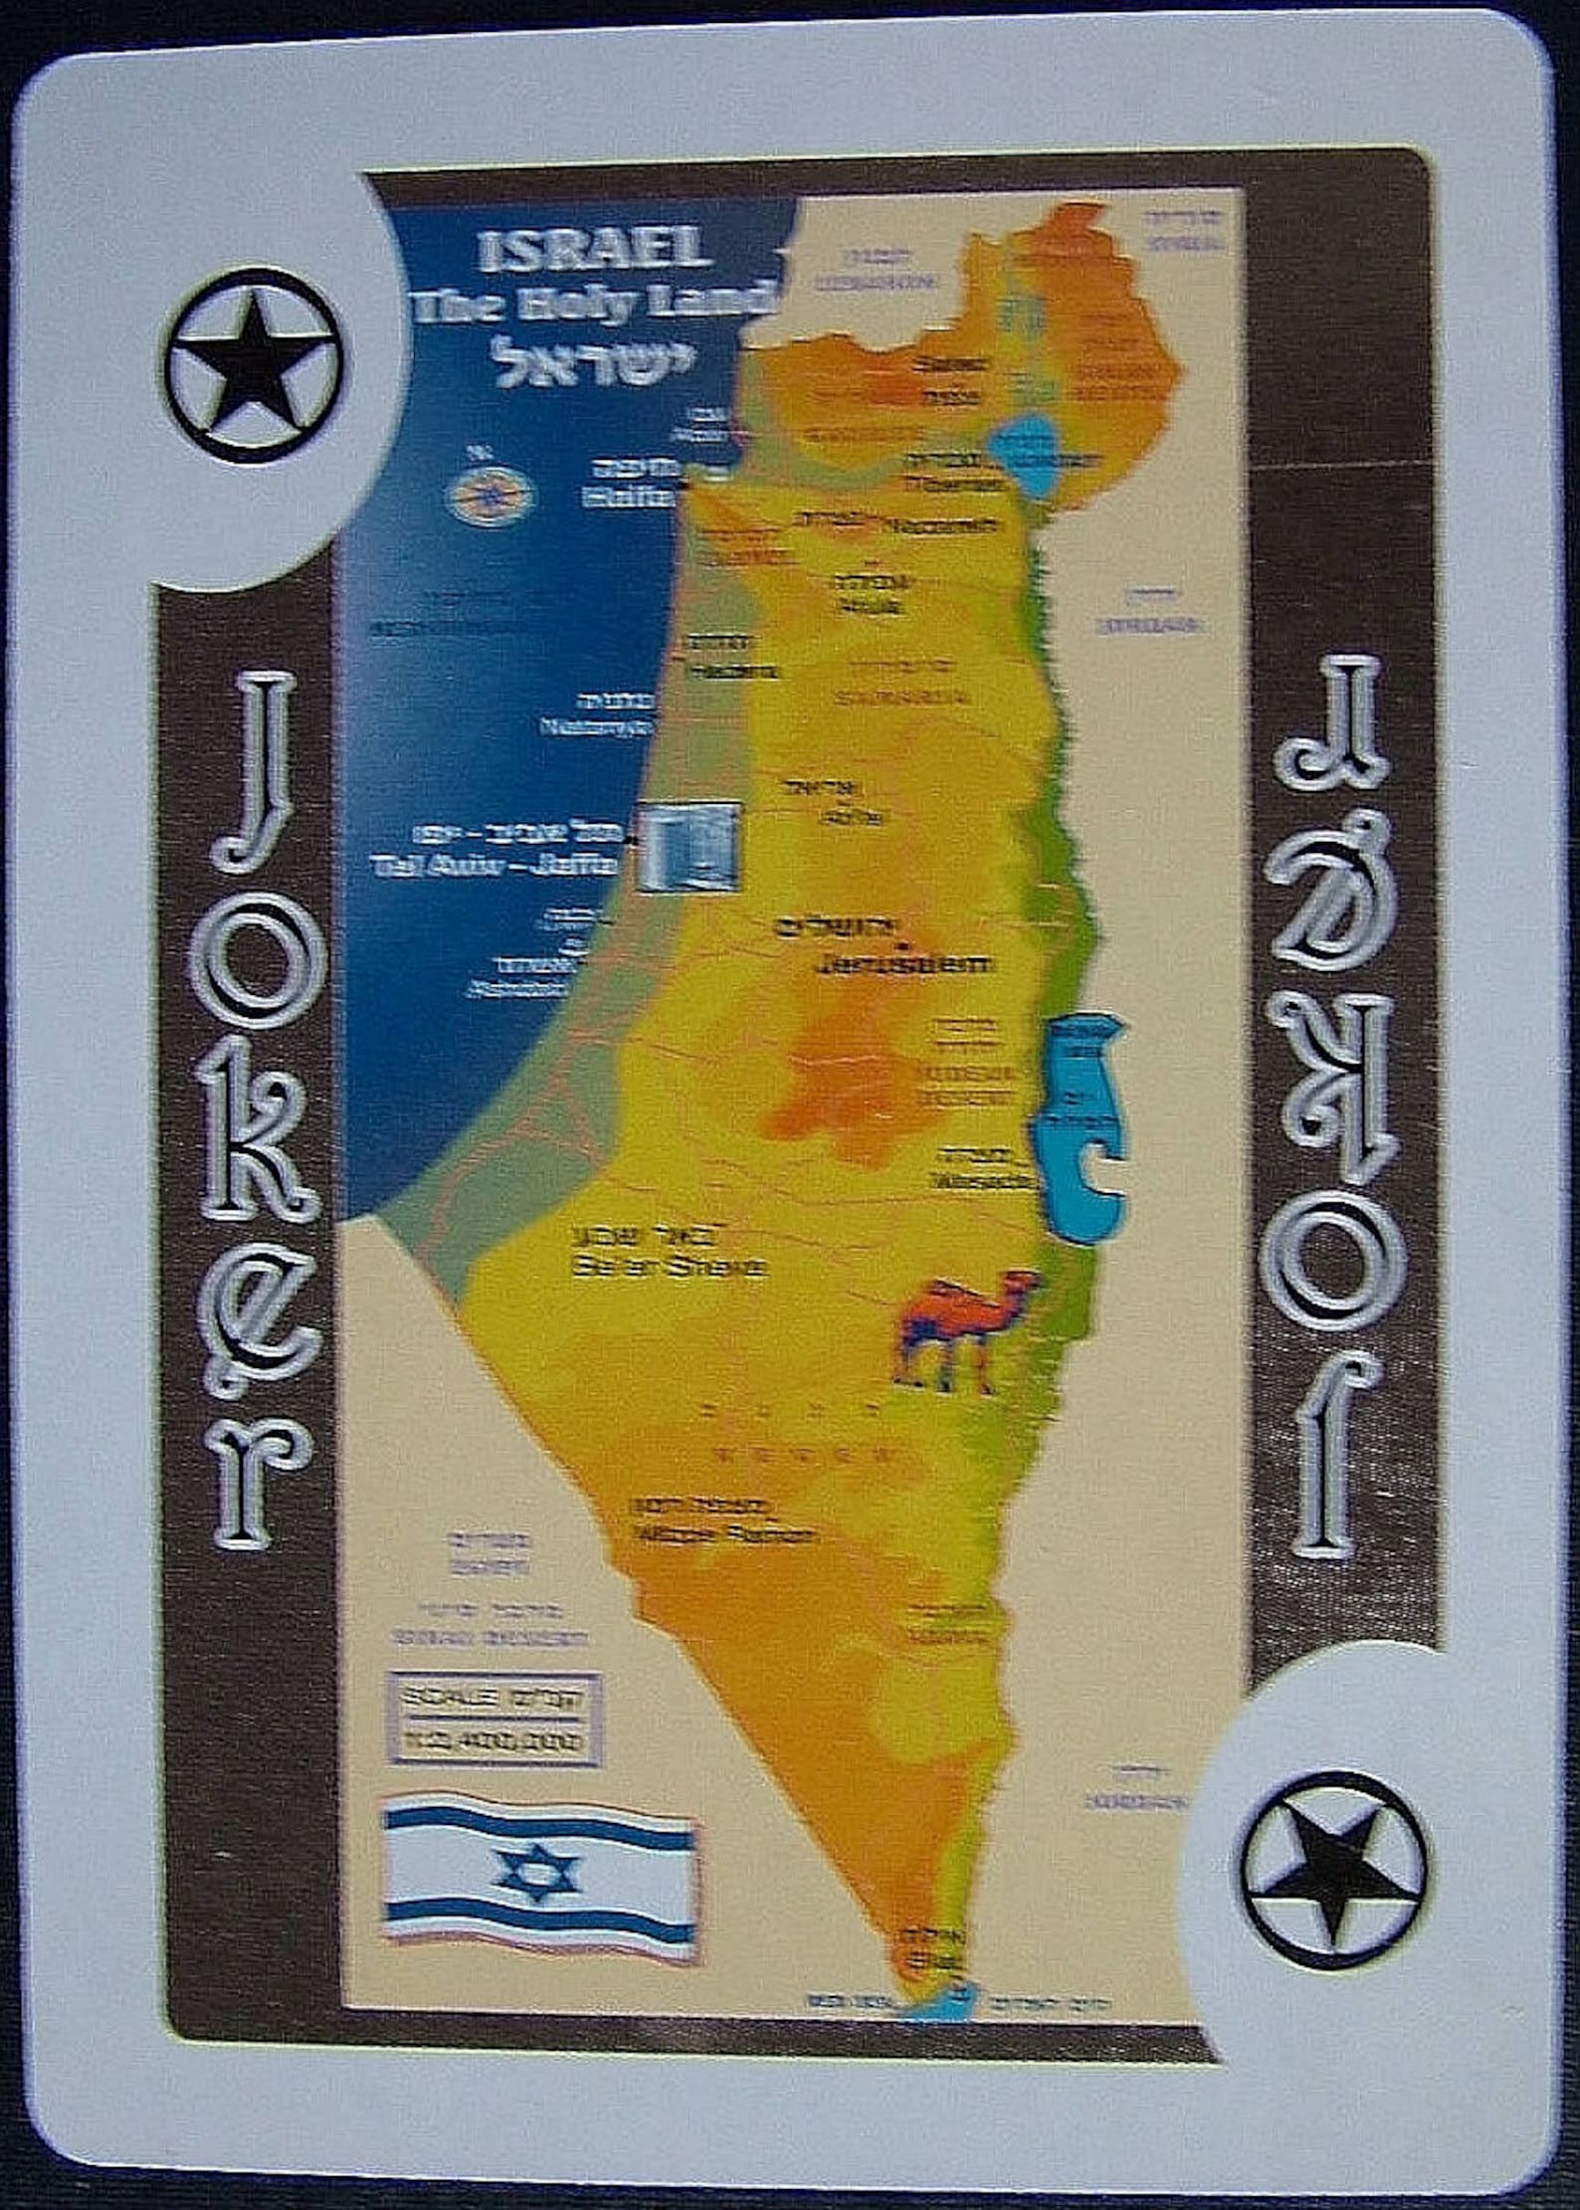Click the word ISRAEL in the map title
[594, 252]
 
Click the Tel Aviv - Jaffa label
[494, 865]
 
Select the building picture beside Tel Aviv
[689, 845]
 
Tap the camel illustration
[964, 1331]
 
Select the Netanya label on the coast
[593, 727]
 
